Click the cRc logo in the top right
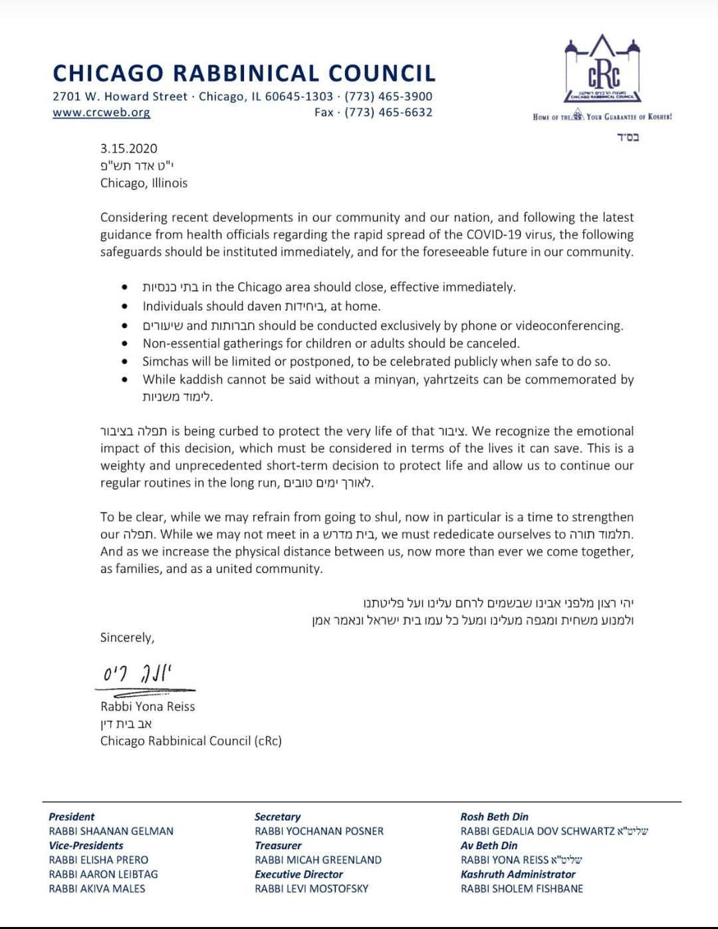[602, 70]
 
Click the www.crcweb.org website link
[101, 112]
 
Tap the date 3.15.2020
[129, 148]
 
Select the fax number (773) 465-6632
[388, 112]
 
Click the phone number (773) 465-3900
[388, 96]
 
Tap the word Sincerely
[127, 638]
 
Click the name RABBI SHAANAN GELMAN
[111, 831]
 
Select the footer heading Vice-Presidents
[86, 846]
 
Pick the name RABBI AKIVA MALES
[97, 888]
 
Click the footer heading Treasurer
[278, 846]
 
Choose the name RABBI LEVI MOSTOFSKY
[311, 888]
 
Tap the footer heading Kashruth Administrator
[518, 874]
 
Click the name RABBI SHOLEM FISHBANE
[522, 888]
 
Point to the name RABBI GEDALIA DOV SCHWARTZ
[538, 831]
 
